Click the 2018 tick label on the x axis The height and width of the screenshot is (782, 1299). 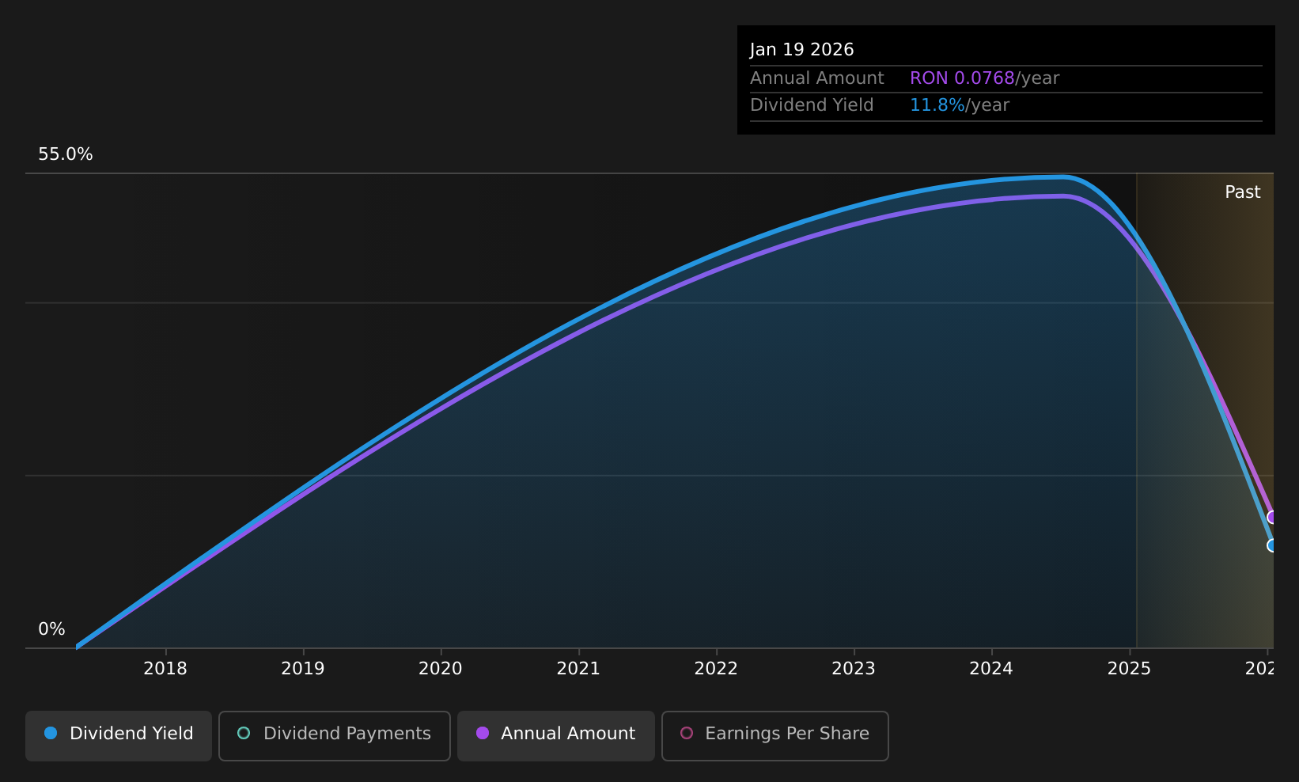[x=165, y=669]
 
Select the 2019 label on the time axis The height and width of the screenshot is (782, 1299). [x=303, y=669]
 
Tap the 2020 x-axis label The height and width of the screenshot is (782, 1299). [x=441, y=669]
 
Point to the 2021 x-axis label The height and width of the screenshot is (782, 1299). [x=578, y=669]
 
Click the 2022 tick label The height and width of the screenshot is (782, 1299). [x=716, y=669]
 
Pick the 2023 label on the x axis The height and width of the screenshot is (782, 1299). [x=854, y=669]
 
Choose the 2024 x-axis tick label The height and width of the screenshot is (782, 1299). [x=991, y=669]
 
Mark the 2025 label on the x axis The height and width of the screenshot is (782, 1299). [x=1129, y=669]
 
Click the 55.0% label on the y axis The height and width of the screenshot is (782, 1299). [x=66, y=154]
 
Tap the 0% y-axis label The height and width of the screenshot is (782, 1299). [x=51, y=629]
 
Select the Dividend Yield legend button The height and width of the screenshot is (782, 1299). [x=119, y=735]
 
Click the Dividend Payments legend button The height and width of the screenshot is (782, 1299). [x=335, y=735]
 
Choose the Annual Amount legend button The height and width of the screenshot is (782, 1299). [x=556, y=735]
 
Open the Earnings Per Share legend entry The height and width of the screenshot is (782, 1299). [x=775, y=735]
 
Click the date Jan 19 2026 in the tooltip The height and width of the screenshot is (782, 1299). [x=802, y=50]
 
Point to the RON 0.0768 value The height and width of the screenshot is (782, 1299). [x=962, y=78]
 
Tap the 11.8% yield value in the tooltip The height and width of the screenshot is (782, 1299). [x=937, y=105]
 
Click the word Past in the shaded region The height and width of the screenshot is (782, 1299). [x=1242, y=192]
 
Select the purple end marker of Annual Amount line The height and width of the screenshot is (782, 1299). [x=1272, y=517]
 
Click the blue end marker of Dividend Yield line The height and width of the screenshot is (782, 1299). [x=1272, y=545]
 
